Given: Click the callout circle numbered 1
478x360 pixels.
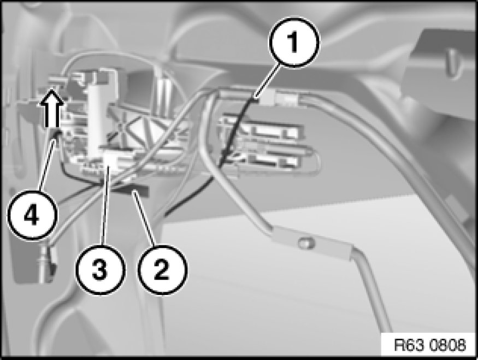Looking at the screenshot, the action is (294, 42).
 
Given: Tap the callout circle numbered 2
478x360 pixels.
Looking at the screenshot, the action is (162, 269).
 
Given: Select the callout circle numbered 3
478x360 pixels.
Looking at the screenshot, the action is (101, 269).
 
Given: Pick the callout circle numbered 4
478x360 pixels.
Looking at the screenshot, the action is (32, 215).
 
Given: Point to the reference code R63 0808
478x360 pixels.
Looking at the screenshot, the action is (430, 345).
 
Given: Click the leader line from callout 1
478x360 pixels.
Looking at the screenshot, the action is (268, 81).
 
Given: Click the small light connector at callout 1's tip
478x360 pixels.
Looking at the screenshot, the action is (267, 99).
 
